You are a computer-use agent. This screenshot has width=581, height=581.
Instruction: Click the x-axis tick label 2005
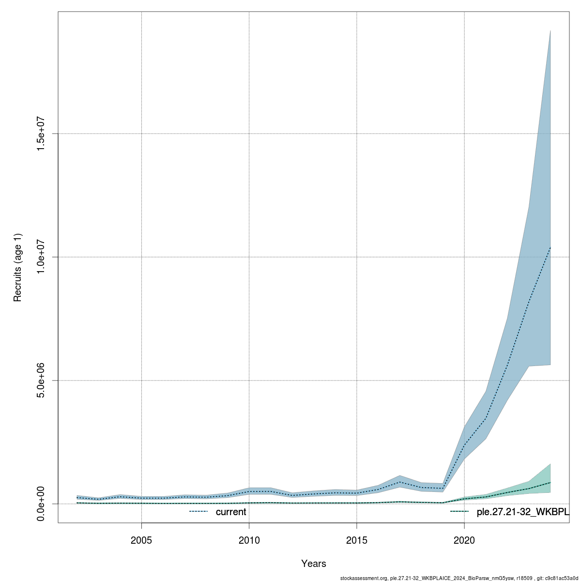tap(141, 540)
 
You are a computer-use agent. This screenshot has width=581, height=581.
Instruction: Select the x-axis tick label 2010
tap(249, 540)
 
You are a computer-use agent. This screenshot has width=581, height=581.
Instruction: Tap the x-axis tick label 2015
tap(357, 540)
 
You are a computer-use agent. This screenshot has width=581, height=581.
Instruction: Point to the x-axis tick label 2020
tap(464, 540)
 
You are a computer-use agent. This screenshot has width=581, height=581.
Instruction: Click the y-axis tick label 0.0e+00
tap(41, 504)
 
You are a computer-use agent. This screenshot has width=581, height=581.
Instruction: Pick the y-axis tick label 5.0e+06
tap(41, 380)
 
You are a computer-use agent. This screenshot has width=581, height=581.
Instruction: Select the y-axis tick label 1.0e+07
tap(41, 257)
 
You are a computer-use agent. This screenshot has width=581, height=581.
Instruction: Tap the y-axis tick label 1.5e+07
tap(41, 134)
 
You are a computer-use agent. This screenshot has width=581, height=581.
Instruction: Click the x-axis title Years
tap(314, 564)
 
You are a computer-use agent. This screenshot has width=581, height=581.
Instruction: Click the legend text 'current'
tap(231, 512)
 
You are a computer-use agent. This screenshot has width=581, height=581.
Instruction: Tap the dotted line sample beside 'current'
tap(199, 511)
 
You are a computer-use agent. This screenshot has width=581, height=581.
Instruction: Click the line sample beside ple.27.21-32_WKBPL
tap(459, 511)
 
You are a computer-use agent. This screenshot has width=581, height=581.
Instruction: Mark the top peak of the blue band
tap(550, 31)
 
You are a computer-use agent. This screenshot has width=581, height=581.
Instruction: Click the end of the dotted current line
tap(550, 247)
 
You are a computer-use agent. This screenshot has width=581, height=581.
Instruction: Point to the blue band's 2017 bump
tap(399, 476)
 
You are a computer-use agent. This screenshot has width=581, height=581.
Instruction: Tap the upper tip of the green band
tap(550, 464)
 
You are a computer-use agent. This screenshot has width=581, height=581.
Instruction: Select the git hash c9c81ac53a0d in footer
tap(563, 578)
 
